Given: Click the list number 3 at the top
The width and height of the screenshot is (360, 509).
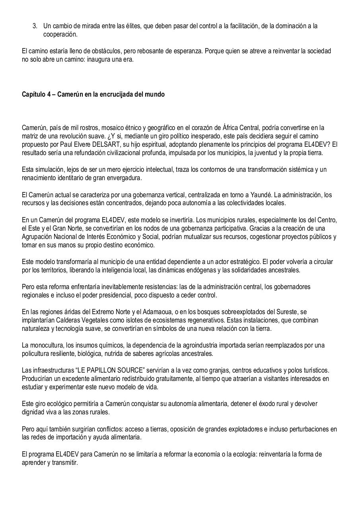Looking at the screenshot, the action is click(35, 26).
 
